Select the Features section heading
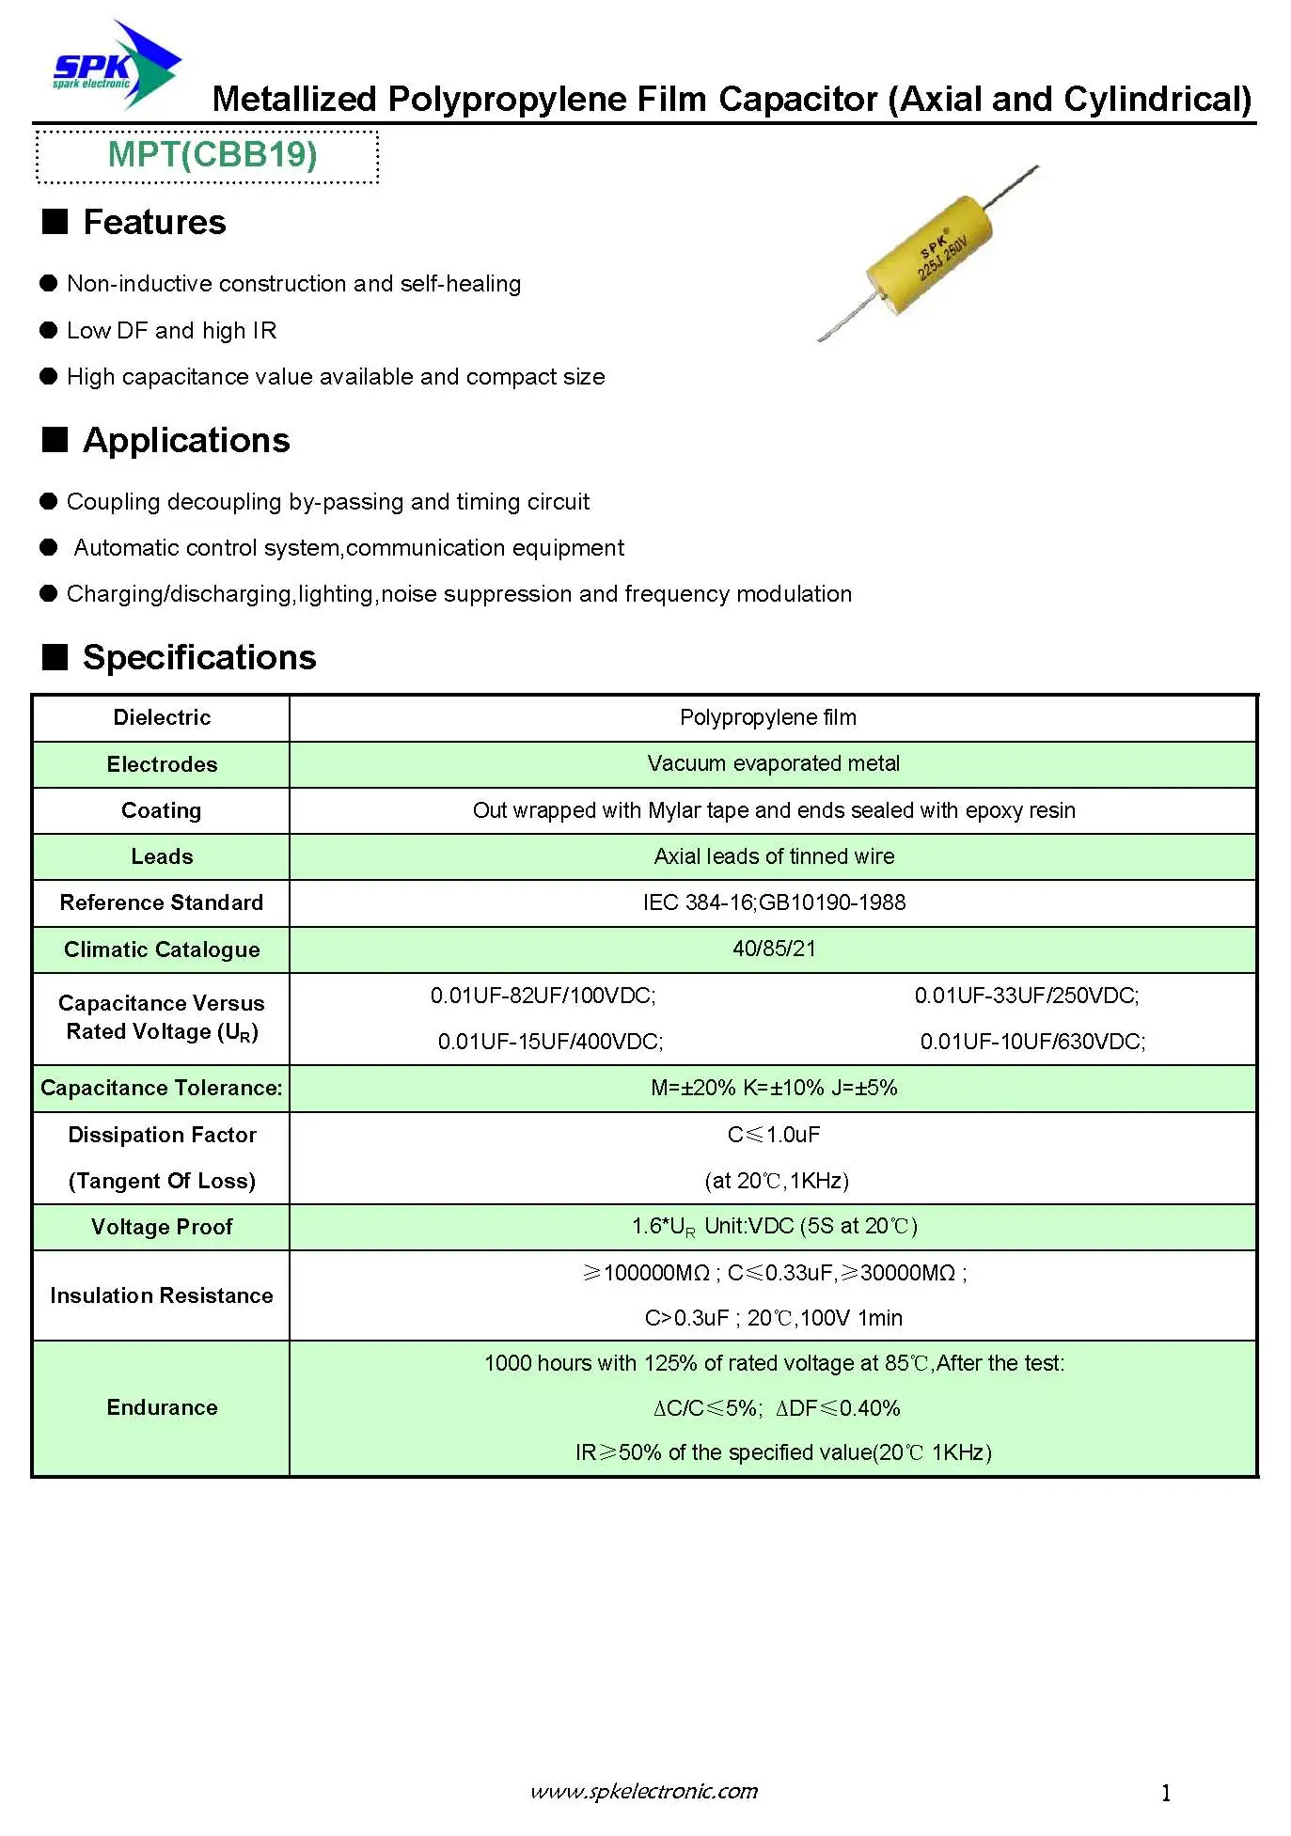153,223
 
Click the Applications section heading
185,441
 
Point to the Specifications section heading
198,658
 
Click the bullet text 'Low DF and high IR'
171,331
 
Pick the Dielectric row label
162,718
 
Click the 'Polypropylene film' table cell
768,718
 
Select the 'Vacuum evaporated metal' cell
773,764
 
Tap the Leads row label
162,856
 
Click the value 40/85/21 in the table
774,949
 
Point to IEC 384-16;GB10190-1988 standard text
774,903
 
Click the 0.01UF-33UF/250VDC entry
1027,996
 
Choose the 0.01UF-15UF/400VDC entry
551,1043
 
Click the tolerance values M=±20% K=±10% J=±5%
774,1089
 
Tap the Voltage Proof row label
162,1228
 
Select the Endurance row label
162,1408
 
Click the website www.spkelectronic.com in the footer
644,1792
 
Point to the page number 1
1166,1794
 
